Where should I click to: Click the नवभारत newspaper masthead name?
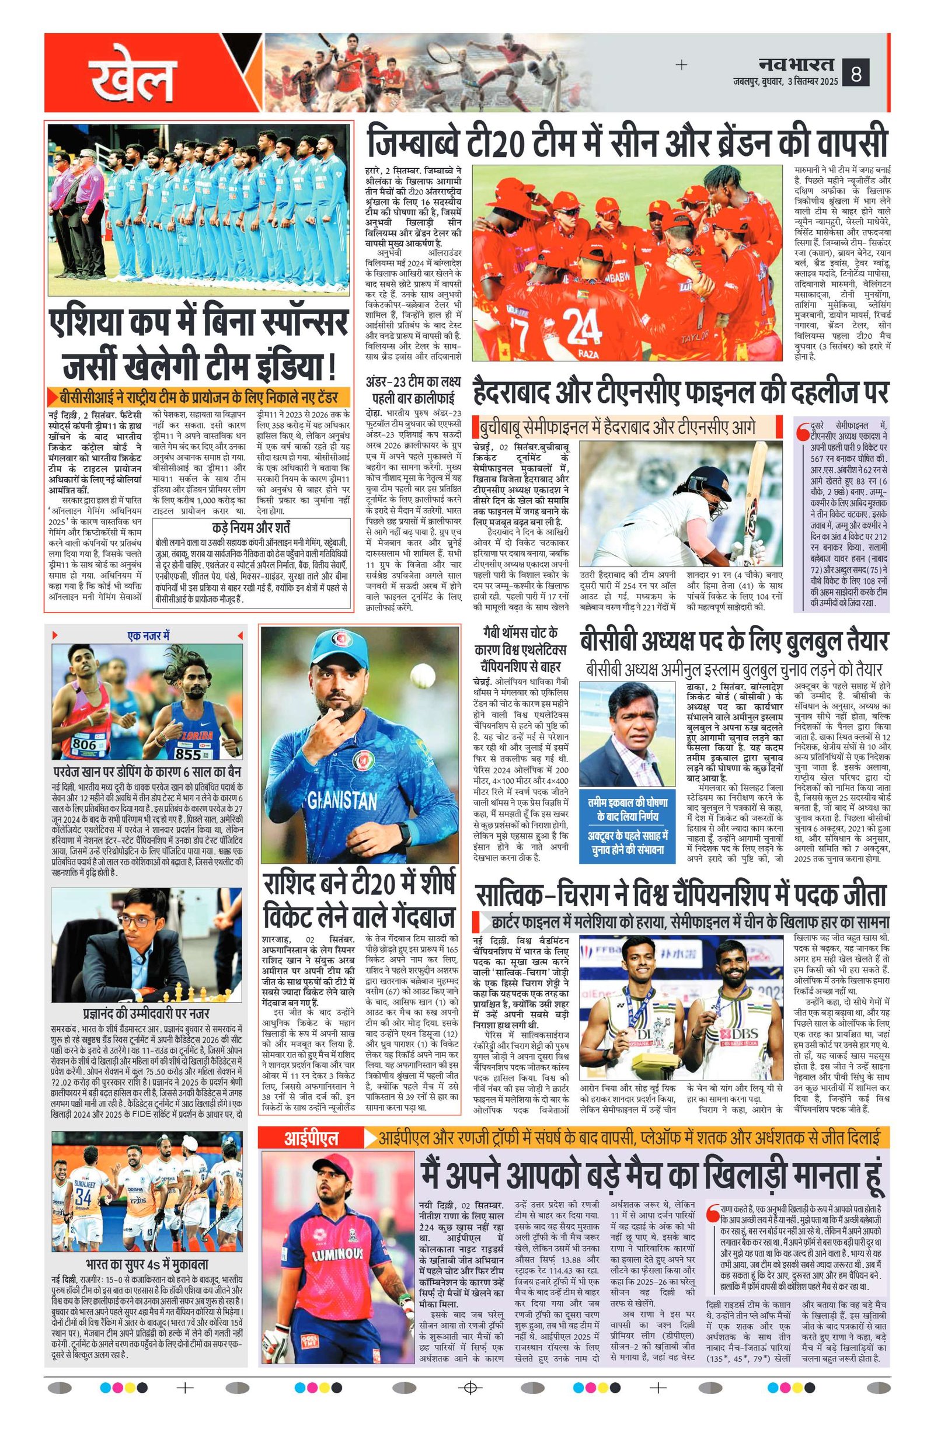795,63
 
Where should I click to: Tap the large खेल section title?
133,79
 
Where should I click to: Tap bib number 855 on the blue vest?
188,752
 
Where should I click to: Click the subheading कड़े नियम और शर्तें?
251,528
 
